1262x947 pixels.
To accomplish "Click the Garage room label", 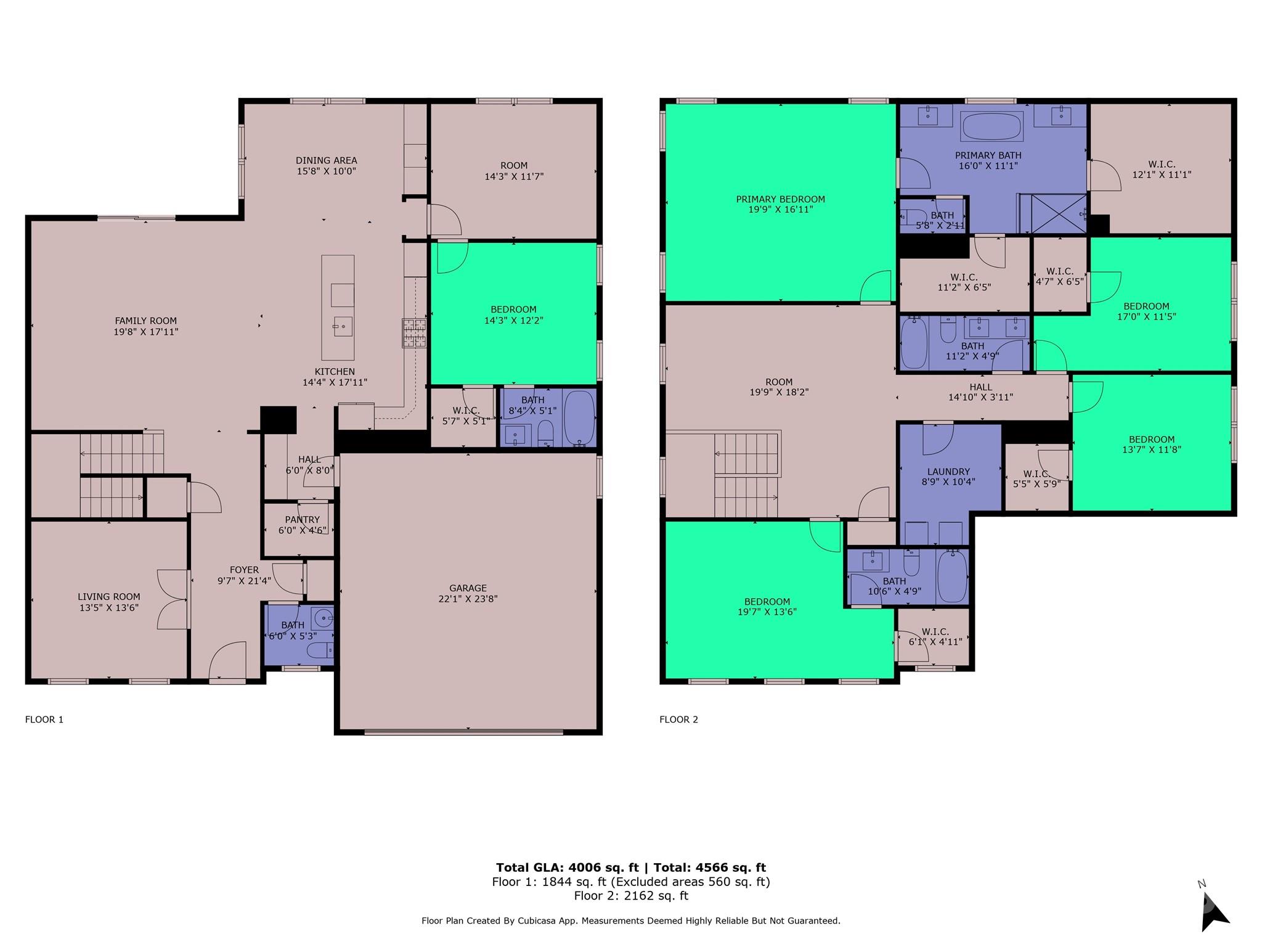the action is coord(468,588).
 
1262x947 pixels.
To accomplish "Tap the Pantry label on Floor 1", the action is coord(302,520).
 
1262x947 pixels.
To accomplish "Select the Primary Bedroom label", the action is coord(780,199).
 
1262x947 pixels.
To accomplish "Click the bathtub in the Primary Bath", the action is coord(992,126).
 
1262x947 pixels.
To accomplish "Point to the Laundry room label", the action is coord(948,472).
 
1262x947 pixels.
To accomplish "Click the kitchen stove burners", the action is coord(414,333).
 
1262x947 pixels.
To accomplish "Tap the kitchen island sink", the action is coord(343,326).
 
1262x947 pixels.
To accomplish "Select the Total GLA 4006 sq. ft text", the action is coord(568,867).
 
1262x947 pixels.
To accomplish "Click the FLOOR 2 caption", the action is coord(678,719).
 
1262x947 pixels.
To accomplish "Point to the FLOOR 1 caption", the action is coord(44,719).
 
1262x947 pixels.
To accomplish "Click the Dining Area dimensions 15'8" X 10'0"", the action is coord(327,171).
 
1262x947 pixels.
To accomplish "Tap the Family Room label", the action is coord(146,321).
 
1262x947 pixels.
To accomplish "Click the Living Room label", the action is coord(109,597).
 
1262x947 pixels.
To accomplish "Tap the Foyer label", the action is coord(244,570).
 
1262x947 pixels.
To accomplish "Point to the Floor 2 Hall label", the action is coord(980,387).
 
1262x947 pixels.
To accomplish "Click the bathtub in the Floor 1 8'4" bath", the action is coord(579,417).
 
